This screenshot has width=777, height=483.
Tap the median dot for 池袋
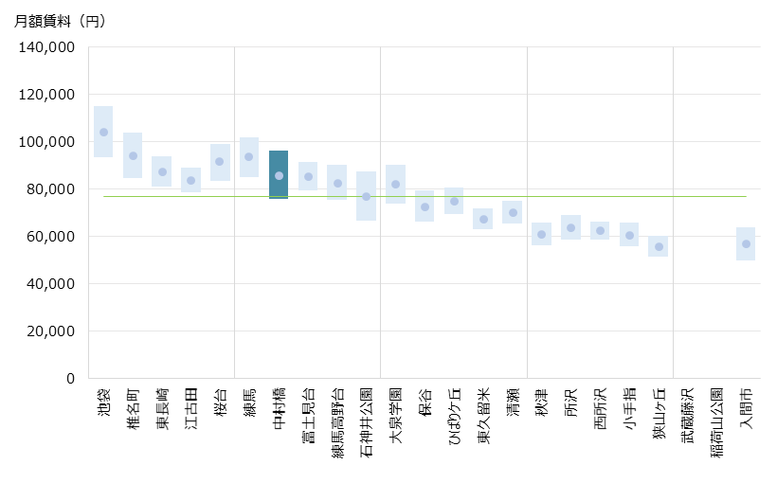click(x=103, y=132)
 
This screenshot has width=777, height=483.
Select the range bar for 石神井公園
click(x=366, y=196)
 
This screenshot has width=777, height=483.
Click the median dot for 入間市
click(x=746, y=243)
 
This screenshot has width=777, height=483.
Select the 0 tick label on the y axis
click(x=70, y=378)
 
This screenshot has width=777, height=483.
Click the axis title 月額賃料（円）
click(x=61, y=21)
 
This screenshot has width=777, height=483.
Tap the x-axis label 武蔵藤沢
click(x=688, y=408)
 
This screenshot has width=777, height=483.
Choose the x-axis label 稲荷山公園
click(x=717, y=420)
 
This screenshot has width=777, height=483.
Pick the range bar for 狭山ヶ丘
click(x=658, y=246)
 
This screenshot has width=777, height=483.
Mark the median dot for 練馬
click(x=249, y=157)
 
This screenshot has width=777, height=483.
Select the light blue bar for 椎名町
click(x=133, y=155)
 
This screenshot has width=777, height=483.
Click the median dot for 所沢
click(x=570, y=227)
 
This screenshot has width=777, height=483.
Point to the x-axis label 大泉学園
click(x=395, y=414)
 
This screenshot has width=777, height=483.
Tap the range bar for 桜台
click(x=220, y=162)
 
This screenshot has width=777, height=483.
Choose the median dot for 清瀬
click(x=513, y=212)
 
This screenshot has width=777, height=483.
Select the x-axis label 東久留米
click(x=483, y=415)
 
